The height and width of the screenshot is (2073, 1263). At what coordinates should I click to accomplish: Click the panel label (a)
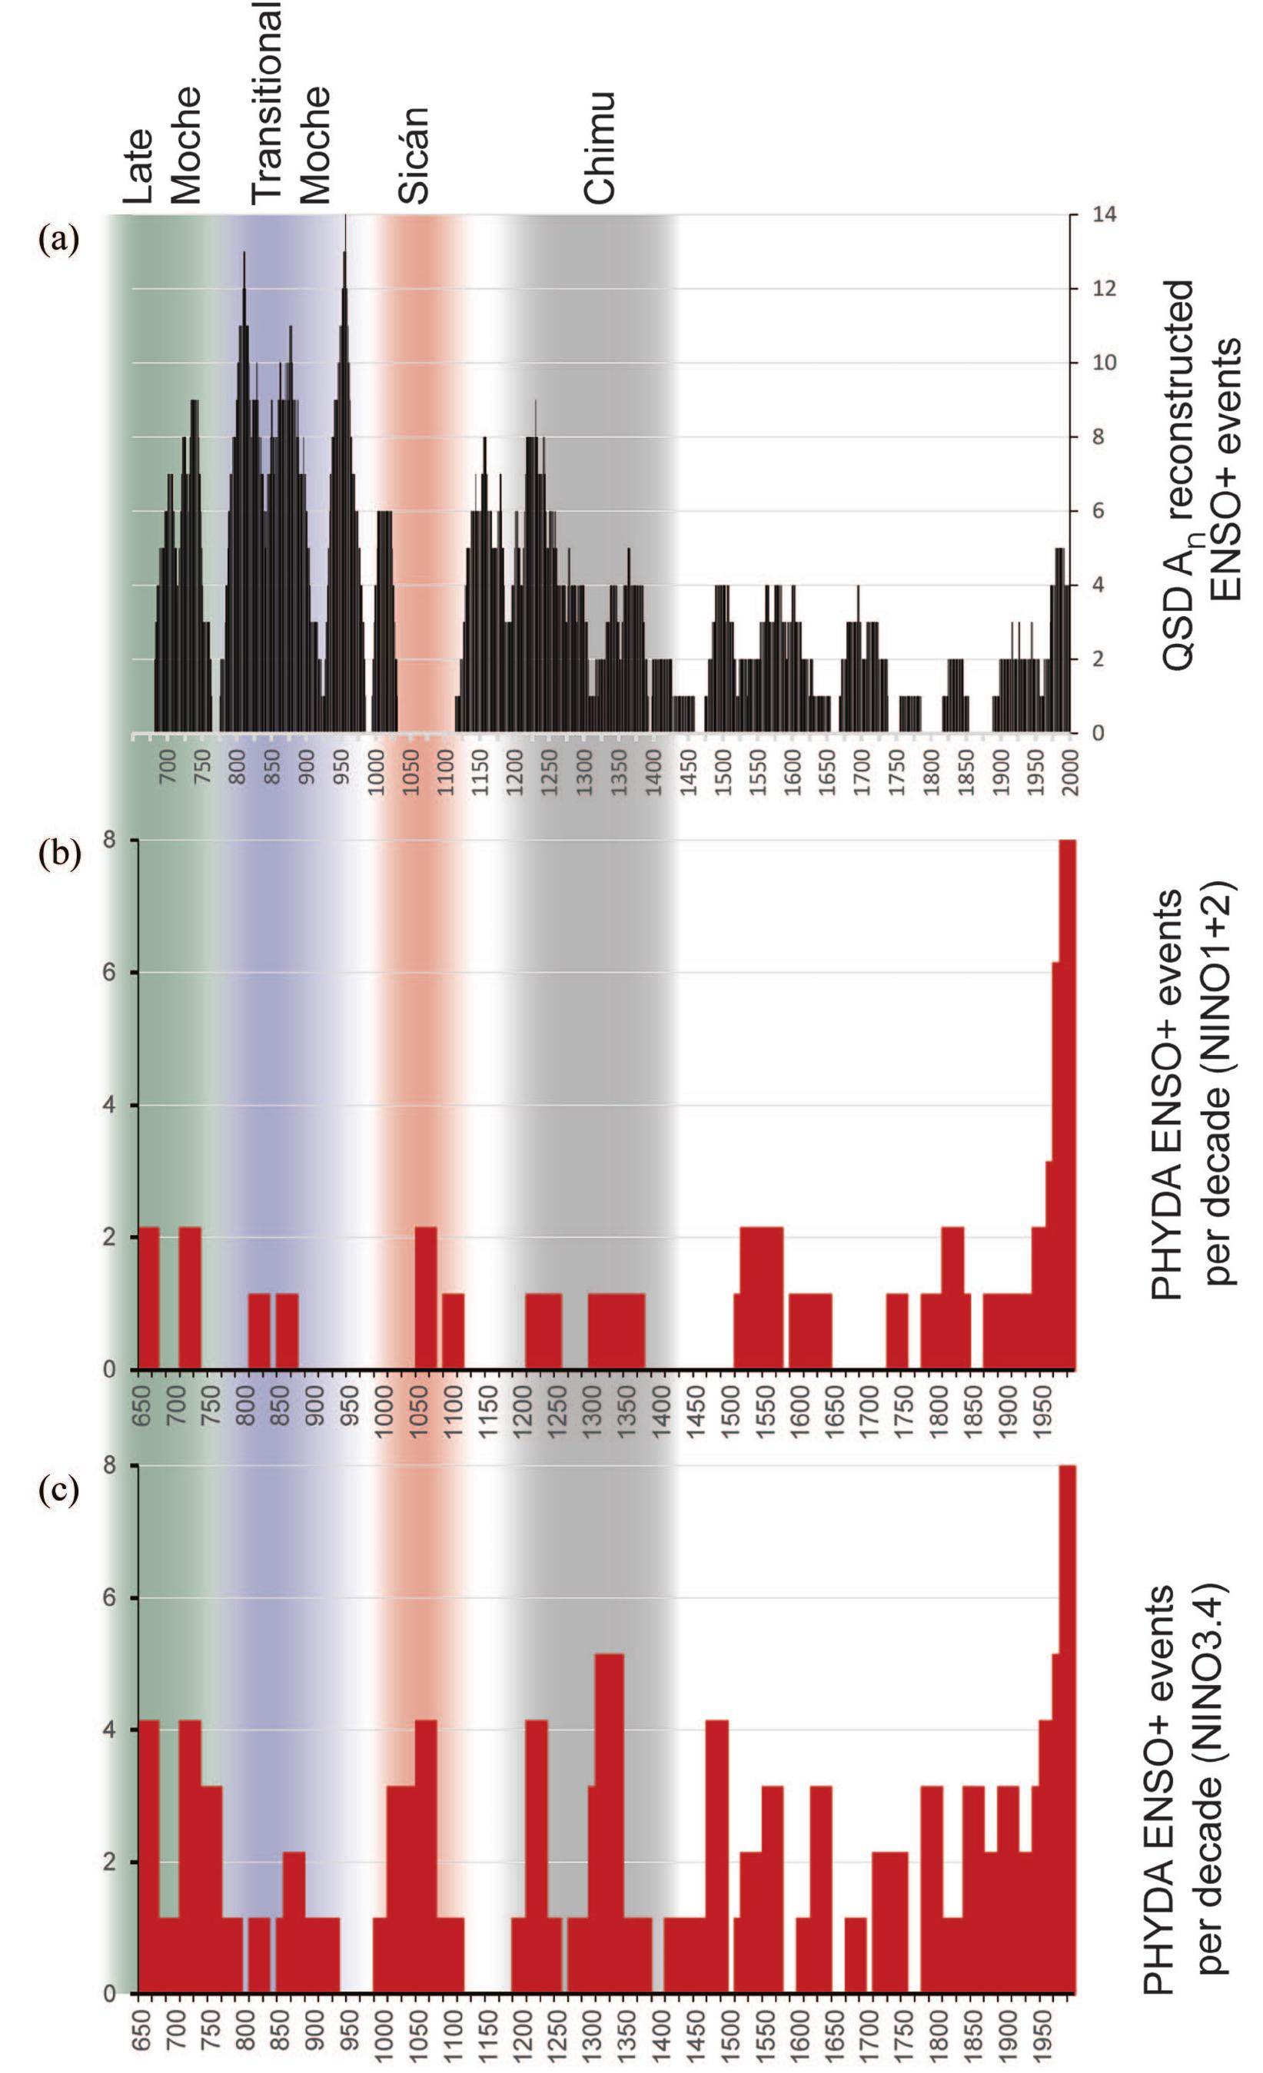click(59, 240)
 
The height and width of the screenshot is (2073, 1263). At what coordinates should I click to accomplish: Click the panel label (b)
click(59, 854)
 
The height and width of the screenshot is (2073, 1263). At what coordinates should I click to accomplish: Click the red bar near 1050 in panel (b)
click(426, 1300)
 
